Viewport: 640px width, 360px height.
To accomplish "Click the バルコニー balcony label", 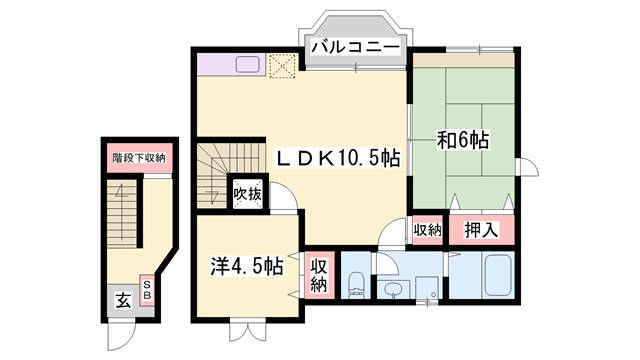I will pos(355,47).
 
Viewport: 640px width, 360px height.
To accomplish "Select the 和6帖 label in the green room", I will pos(462,141).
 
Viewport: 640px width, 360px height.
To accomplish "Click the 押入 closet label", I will pos(483,230).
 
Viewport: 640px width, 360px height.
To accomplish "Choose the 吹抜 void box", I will pos(248,193).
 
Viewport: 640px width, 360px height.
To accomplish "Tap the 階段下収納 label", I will pos(138,158).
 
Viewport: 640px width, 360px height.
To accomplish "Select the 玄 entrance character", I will pos(122,299).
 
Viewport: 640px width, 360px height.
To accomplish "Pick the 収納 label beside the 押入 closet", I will pos(427,230).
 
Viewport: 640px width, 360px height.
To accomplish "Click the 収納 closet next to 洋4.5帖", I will pos(319,274).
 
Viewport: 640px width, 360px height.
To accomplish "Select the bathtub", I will pos(495,274).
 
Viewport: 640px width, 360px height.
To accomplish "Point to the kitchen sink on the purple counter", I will pos(247,65).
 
